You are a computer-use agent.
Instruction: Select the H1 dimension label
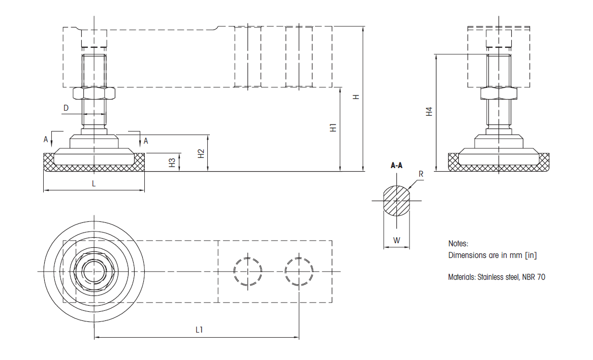333,128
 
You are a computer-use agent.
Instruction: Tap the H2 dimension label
201,153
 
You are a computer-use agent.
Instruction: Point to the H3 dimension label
173,162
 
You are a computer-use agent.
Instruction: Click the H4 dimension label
429,112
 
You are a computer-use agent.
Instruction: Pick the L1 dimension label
200,330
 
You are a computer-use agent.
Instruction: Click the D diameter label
66,108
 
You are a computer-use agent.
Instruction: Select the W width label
396,240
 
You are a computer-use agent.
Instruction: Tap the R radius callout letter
421,174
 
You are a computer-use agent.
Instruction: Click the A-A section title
396,166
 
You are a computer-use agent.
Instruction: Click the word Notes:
458,244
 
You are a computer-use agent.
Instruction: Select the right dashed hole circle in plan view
299,271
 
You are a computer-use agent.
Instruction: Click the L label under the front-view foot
94,184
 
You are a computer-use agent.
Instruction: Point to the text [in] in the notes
530,255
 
